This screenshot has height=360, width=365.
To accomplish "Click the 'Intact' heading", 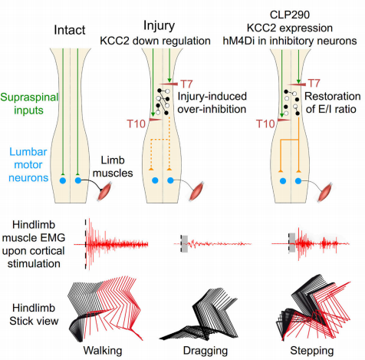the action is (70, 30).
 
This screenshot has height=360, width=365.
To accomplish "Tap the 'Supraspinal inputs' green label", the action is (29, 104).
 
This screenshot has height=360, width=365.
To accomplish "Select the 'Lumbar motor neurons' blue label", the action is (28, 165).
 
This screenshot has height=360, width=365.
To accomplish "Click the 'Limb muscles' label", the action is (113, 167).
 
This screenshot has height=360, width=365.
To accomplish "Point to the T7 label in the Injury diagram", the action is (186, 84).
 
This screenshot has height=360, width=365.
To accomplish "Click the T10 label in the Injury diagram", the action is (136, 124).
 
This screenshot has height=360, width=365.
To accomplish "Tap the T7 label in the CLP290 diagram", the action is (314, 84).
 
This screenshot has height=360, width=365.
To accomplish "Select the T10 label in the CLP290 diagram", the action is (265, 124).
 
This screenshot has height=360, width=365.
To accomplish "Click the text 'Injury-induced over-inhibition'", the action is (212, 103).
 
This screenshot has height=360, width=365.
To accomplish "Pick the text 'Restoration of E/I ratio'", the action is (333, 103).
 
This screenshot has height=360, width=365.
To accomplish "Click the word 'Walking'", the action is (103, 351).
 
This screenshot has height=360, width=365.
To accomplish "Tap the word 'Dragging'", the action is (206, 351).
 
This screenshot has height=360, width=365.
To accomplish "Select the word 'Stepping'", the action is (312, 351).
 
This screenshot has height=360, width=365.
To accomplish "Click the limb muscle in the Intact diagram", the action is (105, 191).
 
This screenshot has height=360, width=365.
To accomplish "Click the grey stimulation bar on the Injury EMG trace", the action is (184, 244).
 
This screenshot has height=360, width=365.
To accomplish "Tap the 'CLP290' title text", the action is (290, 15).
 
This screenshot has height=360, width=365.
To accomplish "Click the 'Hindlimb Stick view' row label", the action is (34, 314).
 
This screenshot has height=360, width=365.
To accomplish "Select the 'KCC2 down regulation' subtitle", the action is (155, 41).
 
